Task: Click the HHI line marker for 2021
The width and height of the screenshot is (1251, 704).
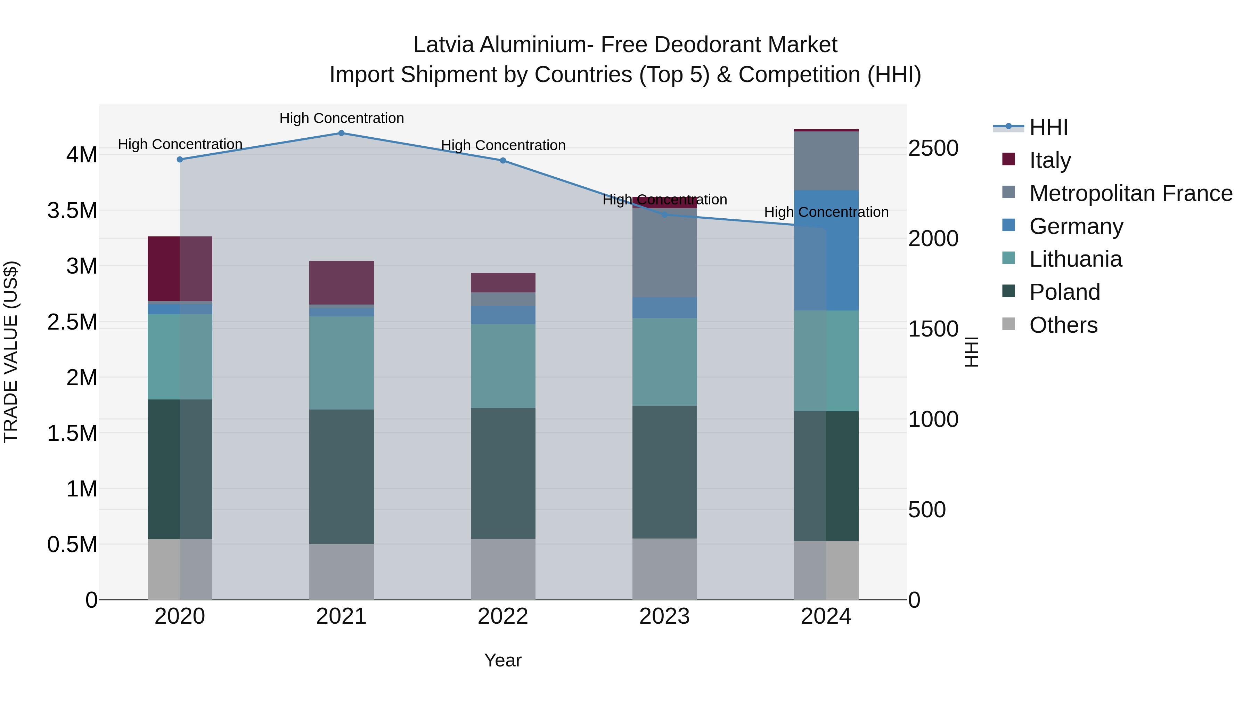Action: coord(341,133)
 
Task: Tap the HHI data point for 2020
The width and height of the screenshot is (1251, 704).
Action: coord(180,159)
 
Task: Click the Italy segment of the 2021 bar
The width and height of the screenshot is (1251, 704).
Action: coord(341,283)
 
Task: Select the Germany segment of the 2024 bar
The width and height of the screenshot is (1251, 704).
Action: coord(826,250)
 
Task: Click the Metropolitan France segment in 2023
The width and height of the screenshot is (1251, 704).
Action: coord(664,253)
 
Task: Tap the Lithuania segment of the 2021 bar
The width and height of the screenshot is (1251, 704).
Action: coord(341,363)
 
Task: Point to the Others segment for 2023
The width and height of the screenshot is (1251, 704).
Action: coord(664,568)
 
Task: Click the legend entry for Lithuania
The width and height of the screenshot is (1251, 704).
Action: coord(1075,259)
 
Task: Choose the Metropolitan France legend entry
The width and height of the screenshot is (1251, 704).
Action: coord(1130,193)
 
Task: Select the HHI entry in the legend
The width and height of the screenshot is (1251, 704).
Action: coord(1048,127)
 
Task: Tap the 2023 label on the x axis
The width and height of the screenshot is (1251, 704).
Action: coord(664,616)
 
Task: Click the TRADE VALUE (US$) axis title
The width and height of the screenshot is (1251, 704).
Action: coord(11,352)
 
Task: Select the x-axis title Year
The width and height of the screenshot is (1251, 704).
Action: coord(502,660)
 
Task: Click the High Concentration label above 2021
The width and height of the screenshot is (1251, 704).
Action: coord(341,118)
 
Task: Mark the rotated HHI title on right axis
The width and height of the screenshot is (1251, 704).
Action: coord(971,352)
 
